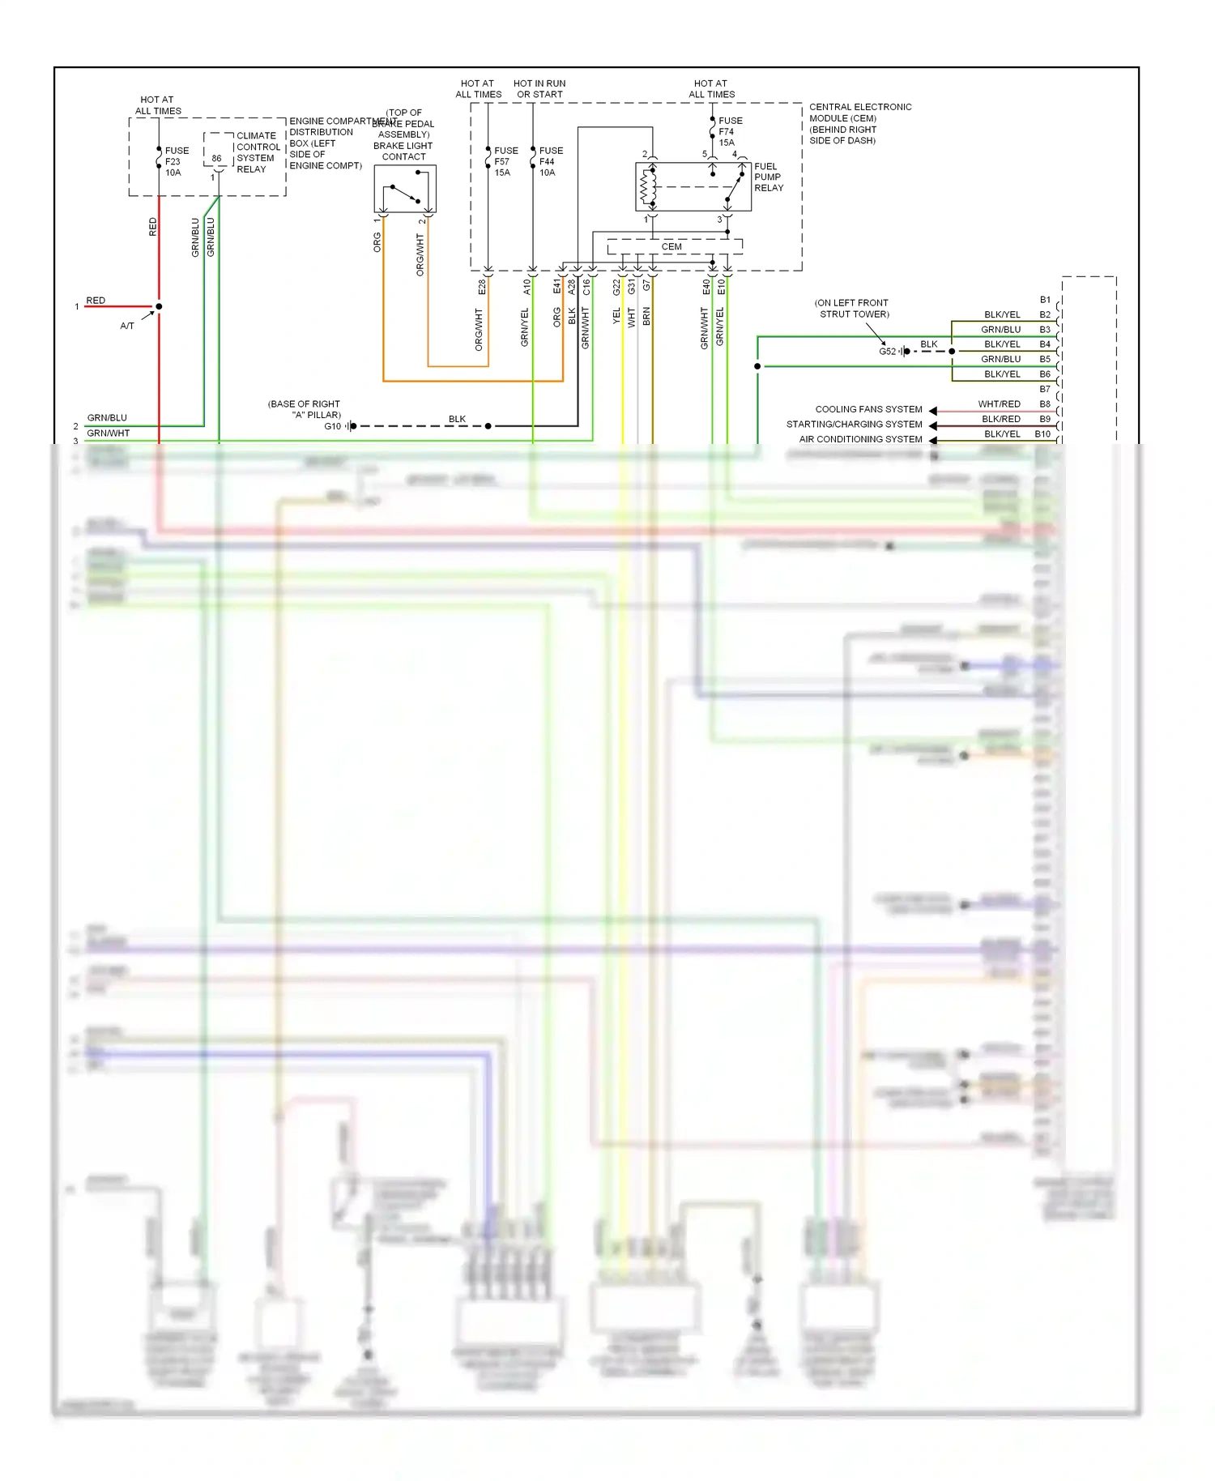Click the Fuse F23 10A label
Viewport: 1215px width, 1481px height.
click(x=176, y=161)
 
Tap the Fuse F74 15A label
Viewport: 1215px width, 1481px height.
click(x=729, y=131)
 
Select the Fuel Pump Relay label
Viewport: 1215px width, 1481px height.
click(x=768, y=177)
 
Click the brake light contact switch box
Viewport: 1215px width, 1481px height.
click(x=405, y=189)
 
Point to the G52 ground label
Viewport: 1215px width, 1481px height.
click(x=887, y=352)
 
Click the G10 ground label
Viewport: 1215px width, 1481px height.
click(x=332, y=426)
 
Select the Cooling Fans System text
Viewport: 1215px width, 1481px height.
click(x=868, y=409)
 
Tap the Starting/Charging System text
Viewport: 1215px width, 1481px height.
click(x=854, y=424)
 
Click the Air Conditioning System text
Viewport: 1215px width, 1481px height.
click(x=860, y=439)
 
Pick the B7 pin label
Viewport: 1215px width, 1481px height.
click(x=1045, y=389)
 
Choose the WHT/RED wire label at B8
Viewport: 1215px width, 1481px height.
click(x=999, y=403)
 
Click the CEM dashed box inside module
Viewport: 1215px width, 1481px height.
click(x=672, y=246)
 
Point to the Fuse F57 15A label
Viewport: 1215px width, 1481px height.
click(x=505, y=161)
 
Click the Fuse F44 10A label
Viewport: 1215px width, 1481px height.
click(x=551, y=161)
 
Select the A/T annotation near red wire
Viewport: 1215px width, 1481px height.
click(x=127, y=326)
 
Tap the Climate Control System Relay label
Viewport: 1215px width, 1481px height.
click(x=258, y=152)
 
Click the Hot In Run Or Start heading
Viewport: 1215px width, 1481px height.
click(x=539, y=88)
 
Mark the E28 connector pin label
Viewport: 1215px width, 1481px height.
click(x=481, y=287)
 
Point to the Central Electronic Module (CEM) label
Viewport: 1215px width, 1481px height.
click(x=859, y=123)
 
